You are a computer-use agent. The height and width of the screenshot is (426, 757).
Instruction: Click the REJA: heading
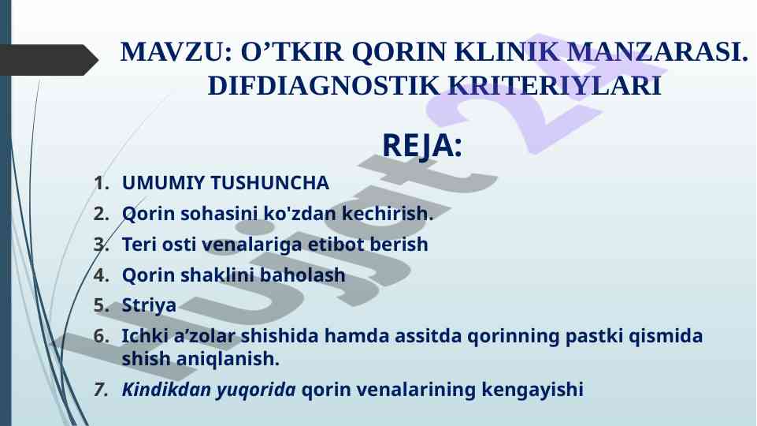tap(421, 146)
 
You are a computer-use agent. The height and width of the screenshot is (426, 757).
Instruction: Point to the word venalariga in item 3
tap(254, 245)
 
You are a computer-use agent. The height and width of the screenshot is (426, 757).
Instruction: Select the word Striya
tap(149, 305)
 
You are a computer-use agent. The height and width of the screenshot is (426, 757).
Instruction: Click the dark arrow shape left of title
tap(47, 60)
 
